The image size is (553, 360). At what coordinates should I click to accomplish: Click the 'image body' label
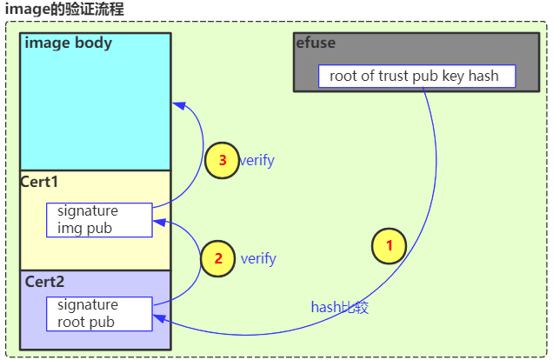tap(69, 43)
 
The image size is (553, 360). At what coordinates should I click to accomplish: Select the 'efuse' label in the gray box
tap(316, 43)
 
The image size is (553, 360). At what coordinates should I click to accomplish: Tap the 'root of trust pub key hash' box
tap(416, 76)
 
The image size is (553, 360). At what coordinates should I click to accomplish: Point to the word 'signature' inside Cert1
tap(88, 211)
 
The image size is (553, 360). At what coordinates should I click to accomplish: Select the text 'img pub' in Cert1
tap(84, 228)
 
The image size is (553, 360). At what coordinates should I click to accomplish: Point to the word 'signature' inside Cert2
tap(88, 305)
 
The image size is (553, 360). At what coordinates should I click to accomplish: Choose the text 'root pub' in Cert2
tap(86, 322)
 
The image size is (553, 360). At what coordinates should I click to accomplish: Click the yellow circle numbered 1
tap(389, 246)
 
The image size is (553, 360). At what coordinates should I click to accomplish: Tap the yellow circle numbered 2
tap(217, 258)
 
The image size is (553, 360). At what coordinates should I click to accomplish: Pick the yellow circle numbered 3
tap(223, 160)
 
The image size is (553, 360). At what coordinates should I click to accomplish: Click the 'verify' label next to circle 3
tap(257, 160)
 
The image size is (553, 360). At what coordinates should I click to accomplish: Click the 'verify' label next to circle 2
tap(258, 258)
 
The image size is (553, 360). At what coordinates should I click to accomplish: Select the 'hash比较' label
tap(340, 307)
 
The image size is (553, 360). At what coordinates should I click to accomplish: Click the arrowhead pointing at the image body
tap(178, 104)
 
